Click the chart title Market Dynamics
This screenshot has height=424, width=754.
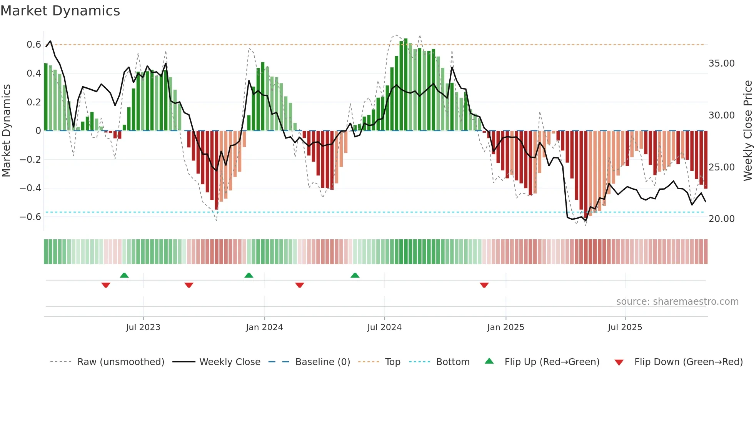[x=60, y=11]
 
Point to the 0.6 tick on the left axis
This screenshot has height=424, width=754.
[x=34, y=45]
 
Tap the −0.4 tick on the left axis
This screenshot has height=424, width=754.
[x=30, y=188]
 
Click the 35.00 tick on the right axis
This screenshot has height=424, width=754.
[x=721, y=63]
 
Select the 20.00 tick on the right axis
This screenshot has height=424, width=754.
[x=721, y=219]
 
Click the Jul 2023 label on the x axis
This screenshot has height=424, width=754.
[x=143, y=327]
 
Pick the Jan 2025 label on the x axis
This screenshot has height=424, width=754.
[x=505, y=327]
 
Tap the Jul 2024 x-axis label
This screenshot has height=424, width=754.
[x=384, y=327]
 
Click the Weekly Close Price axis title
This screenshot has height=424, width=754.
[x=747, y=131]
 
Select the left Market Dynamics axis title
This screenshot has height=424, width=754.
[x=6, y=131]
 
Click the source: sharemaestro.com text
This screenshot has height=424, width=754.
[x=677, y=302]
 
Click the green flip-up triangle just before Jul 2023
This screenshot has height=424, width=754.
[x=124, y=275]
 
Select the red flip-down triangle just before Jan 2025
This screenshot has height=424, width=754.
[x=484, y=285]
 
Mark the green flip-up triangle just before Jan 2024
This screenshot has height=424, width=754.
[x=249, y=275]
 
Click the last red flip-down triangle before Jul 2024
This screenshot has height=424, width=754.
[x=300, y=285]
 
